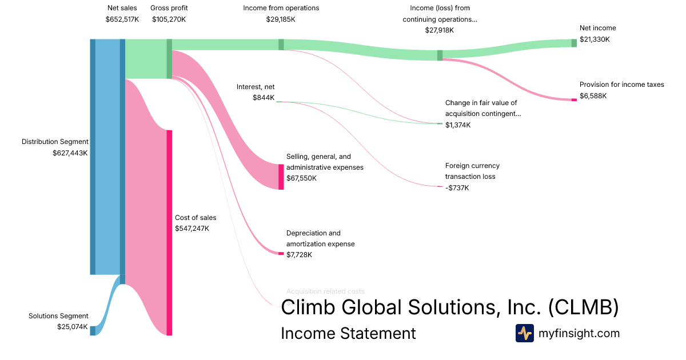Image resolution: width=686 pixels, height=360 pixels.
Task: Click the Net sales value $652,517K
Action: click(x=122, y=19)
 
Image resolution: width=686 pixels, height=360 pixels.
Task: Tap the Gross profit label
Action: click(x=169, y=8)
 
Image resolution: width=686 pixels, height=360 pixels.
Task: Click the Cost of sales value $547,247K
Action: click(x=192, y=229)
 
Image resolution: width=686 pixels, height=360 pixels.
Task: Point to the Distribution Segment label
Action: click(x=55, y=142)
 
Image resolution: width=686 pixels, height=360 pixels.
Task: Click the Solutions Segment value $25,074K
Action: click(x=72, y=327)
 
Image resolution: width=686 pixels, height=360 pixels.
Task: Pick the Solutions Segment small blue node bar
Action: click(x=93, y=330)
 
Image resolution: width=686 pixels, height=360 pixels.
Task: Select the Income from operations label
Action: click(x=281, y=8)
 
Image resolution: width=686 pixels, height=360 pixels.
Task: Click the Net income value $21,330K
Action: click(x=595, y=39)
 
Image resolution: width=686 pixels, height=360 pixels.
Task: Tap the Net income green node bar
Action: click(x=574, y=43)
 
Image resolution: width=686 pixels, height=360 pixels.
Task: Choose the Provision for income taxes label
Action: click(x=621, y=85)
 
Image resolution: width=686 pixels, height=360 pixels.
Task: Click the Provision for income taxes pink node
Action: click(x=574, y=100)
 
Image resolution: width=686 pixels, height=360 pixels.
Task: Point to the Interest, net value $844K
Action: click(x=264, y=98)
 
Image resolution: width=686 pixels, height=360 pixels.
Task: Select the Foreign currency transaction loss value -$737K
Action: click(x=457, y=187)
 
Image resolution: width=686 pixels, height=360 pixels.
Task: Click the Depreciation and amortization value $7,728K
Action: click(x=299, y=255)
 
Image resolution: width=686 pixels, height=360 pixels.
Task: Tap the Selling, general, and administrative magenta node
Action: click(x=281, y=177)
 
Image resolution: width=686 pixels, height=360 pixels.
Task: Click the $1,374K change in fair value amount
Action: click(x=458, y=125)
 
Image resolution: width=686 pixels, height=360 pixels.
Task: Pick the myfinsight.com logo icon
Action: click(x=524, y=333)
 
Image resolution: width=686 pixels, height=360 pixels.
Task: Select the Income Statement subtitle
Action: click(x=348, y=333)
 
